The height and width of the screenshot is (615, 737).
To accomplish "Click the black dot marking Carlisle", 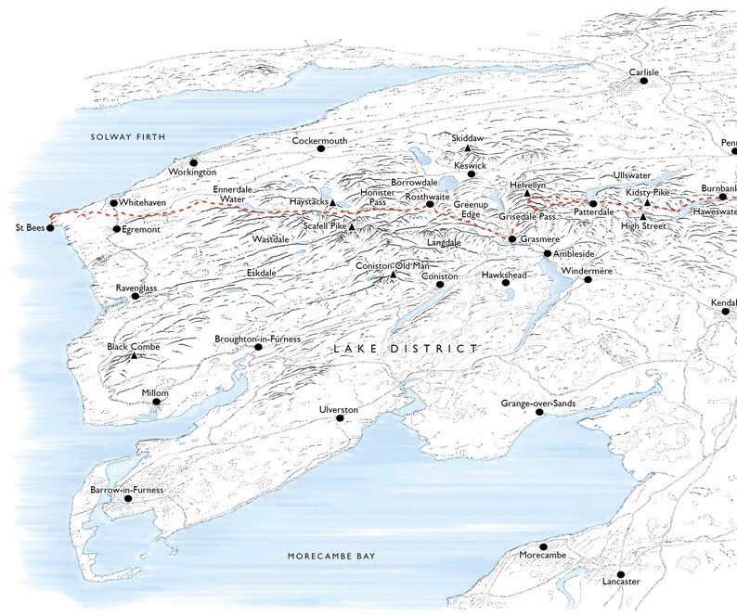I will (x=641, y=82).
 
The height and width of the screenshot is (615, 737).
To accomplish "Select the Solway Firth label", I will (x=127, y=137).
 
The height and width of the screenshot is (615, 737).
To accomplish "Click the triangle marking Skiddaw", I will (x=469, y=148).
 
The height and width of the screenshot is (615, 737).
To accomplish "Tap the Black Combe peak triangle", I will (x=135, y=356).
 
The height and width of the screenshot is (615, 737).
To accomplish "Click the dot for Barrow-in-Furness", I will (x=128, y=499).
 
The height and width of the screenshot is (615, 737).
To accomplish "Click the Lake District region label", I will (x=405, y=349).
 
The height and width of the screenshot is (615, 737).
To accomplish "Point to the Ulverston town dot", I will (x=341, y=419).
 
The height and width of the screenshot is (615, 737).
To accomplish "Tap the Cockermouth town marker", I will (x=320, y=148).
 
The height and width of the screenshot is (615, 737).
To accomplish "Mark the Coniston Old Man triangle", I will (x=394, y=275).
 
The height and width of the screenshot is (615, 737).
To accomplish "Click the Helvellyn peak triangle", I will (x=526, y=194).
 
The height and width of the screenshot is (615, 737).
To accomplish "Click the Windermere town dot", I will (x=588, y=279).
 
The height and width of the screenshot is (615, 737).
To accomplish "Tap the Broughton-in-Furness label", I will (x=258, y=340).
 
